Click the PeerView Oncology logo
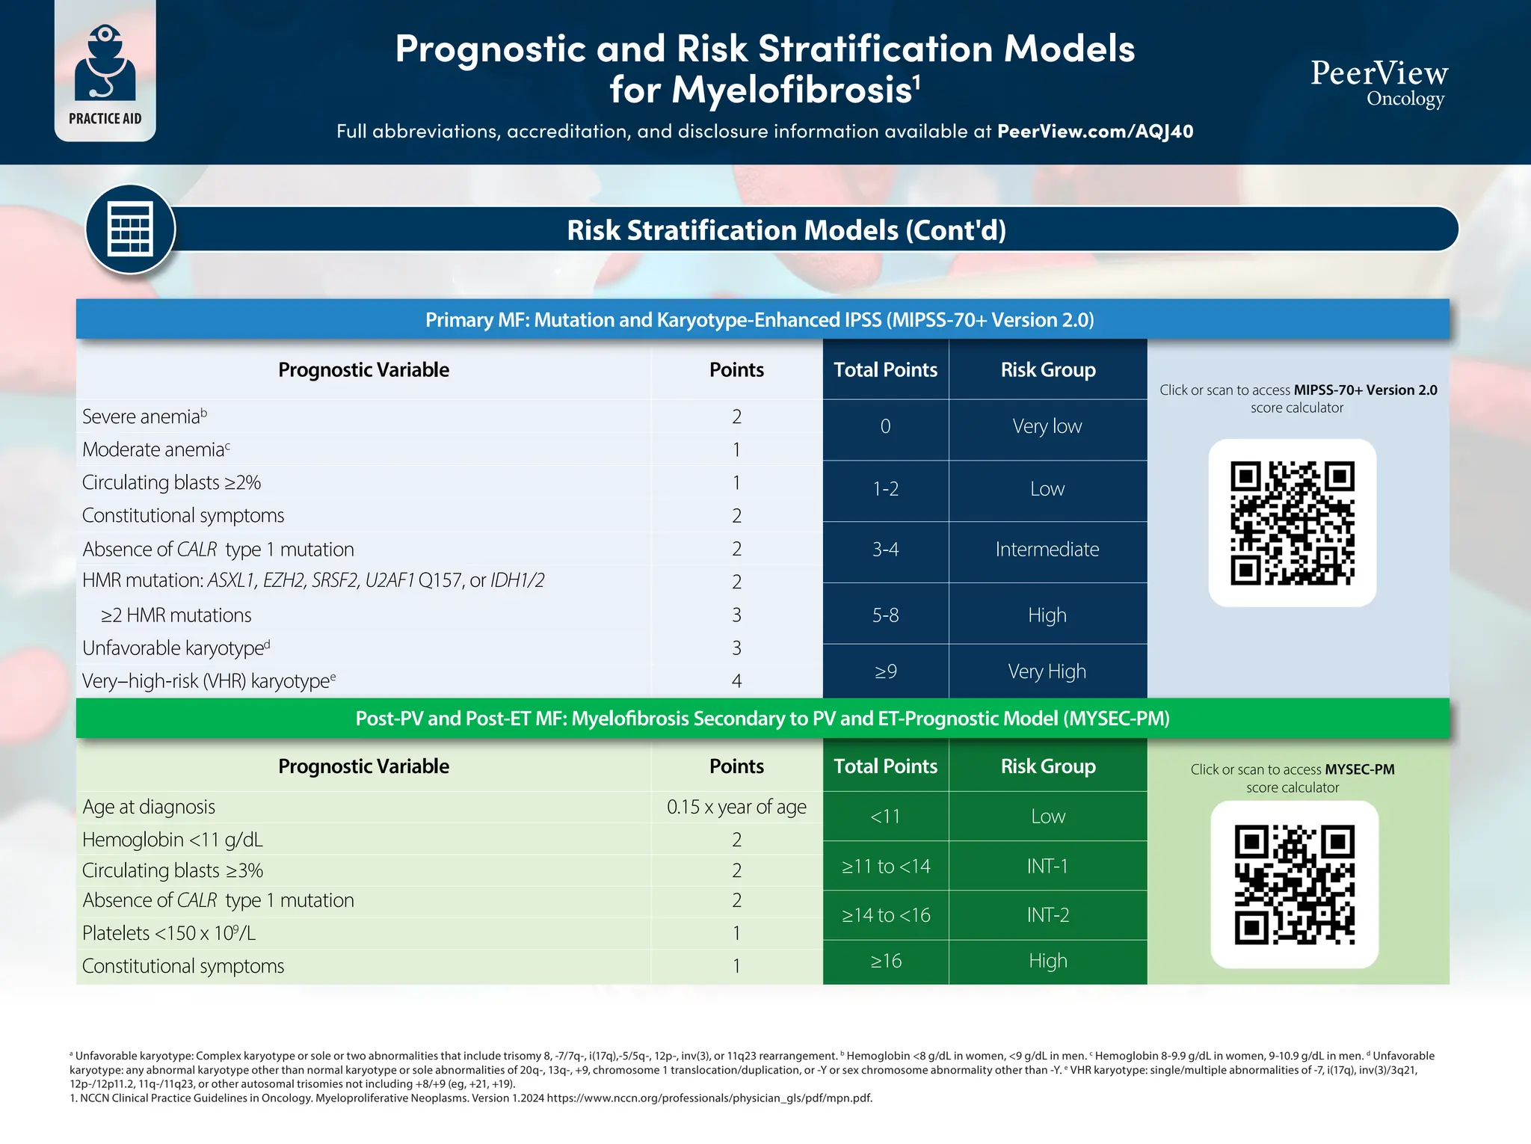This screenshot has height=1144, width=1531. pos(1379,82)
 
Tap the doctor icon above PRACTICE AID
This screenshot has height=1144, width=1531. pos(105,64)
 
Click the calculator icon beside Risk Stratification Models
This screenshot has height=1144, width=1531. pos(130,229)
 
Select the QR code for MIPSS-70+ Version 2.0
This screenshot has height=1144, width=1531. pos(1292,523)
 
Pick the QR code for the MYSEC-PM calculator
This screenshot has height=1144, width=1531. pos(1294,885)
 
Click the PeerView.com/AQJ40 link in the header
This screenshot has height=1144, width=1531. pos(1094,132)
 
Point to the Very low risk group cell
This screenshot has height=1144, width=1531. pos(1047,426)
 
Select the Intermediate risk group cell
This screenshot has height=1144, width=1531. pos(1047,550)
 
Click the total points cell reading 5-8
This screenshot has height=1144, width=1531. pos(885,615)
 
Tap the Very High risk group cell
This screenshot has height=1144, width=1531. pos(1047,671)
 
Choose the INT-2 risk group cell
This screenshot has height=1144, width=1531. pos(1047,915)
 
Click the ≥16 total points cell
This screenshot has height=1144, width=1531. pos(885,961)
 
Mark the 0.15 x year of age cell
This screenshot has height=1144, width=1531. pos(736,807)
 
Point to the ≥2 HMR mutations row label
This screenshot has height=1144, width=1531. pos(176,615)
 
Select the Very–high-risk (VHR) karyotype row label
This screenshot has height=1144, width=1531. pos(209,681)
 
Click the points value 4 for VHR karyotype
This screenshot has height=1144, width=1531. pos(736,681)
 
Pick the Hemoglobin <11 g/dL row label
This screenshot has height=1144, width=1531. pos(173,840)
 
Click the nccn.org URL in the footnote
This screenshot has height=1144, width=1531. pos(709,1098)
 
